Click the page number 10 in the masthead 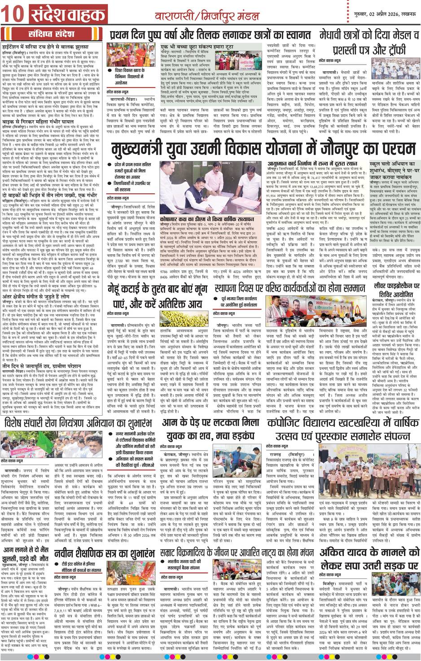12,15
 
